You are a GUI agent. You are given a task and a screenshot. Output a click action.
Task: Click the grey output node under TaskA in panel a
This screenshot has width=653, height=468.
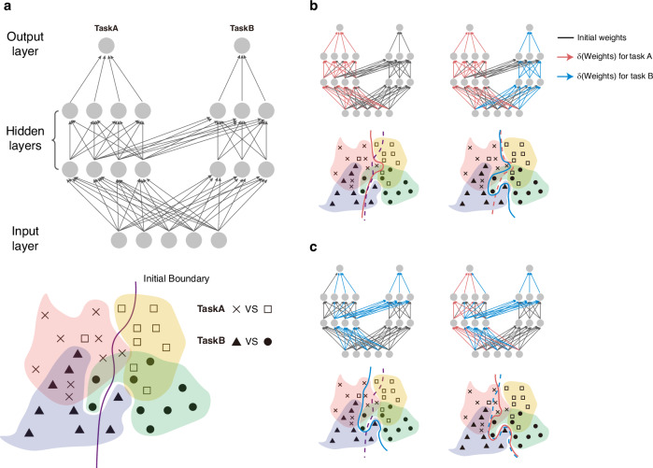coord(106,45)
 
